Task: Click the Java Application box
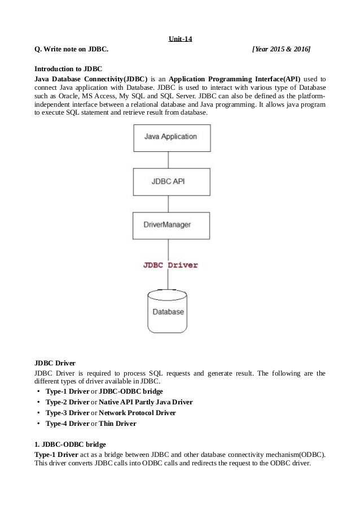click(x=171, y=137)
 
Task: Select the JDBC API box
click(x=171, y=181)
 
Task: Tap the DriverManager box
click(x=171, y=225)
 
